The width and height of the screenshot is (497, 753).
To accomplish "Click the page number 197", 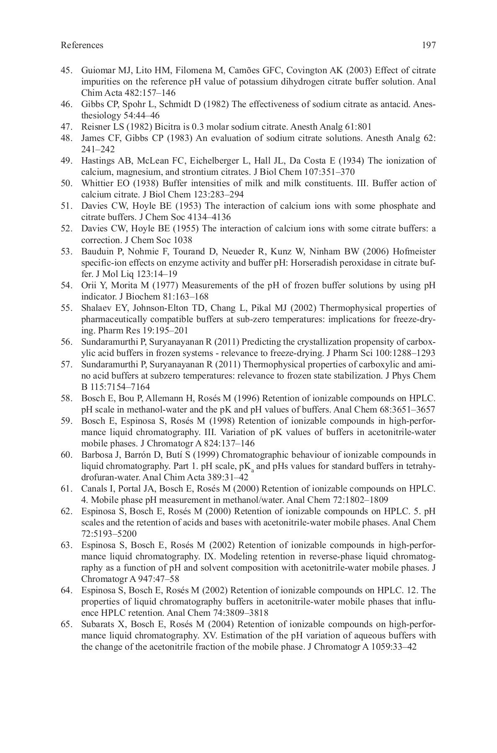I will [x=428, y=45].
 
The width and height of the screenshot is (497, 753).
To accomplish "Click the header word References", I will [x=82, y=45].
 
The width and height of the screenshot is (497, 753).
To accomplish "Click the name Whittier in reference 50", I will [x=97, y=183].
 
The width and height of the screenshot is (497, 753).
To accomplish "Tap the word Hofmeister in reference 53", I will [x=415, y=251].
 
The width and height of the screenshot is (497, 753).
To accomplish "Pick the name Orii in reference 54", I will [x=88, y=285].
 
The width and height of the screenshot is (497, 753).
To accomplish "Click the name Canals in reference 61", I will [x=93, y=489].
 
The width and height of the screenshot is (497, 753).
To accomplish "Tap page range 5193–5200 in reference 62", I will [x=109, y=534].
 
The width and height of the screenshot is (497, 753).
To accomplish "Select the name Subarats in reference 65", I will [x=97, y=624].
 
